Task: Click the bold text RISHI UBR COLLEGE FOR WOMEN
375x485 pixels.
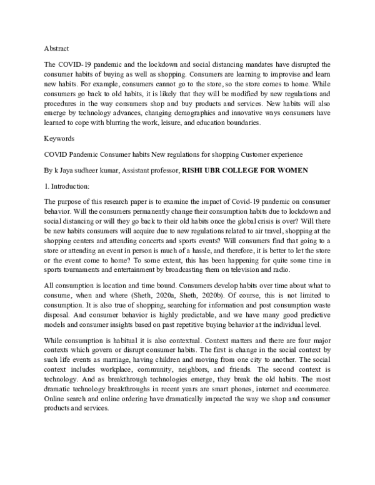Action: pos(245,169)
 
